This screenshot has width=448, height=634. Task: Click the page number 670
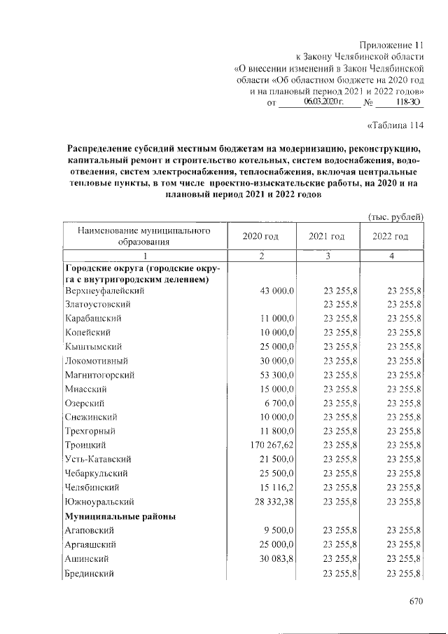coord(417,600)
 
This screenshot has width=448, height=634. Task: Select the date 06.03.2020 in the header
coord(323,102)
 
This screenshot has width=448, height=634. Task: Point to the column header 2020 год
coord(260,236)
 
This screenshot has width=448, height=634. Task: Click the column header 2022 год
coord(391,236)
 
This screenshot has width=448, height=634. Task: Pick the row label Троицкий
coord(85,445)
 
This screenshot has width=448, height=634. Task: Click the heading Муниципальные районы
coord(120,516)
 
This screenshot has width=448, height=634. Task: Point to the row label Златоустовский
coord(98,305)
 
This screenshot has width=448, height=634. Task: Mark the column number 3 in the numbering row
coord(326,256)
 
